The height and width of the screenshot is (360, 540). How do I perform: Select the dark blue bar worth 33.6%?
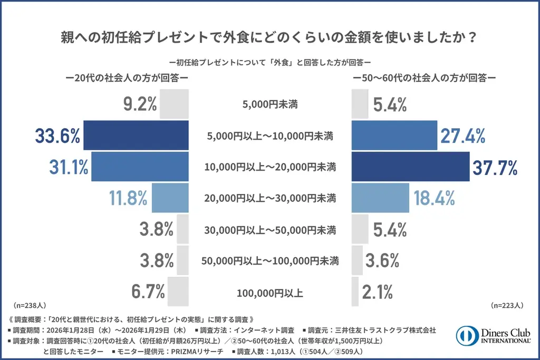coord(136,135)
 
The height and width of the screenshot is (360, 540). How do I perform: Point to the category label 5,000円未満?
coord(271,104)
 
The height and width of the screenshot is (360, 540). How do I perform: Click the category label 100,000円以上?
coord(271,291)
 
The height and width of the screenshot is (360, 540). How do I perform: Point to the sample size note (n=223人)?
coord(507,305)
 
